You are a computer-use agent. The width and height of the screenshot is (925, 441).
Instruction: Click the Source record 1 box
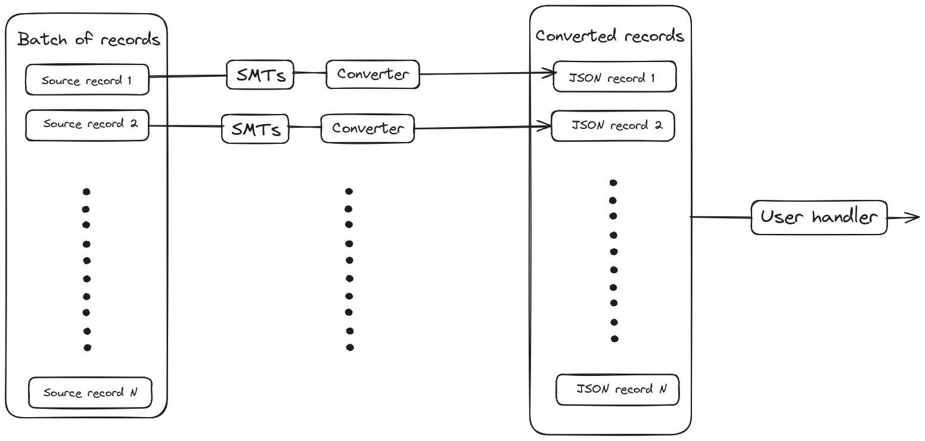[87, 79]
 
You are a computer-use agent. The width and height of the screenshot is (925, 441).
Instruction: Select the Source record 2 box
[87, 125]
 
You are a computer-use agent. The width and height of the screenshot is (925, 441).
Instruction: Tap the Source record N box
[90, 393]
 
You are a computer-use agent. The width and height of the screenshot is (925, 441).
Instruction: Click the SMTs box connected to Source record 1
[260, 75]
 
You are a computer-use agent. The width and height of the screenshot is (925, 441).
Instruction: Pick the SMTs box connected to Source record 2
[255, 129]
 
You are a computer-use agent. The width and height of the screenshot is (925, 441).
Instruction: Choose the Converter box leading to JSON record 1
[373, 75]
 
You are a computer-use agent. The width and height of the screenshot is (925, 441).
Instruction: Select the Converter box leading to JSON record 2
[368, 128]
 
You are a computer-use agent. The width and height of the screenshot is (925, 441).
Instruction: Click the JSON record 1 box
[614, 77]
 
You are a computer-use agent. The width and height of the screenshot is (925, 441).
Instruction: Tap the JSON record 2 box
[613, 126]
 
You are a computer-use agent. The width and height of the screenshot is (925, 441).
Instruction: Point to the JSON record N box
[617, 390]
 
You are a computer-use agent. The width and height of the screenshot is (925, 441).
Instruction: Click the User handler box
[819, 217]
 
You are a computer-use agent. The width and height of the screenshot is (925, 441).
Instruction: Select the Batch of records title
[88, 40]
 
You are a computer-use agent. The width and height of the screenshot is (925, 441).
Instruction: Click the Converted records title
[609, 36]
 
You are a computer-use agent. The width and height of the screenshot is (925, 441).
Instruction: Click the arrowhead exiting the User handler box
[914, 217]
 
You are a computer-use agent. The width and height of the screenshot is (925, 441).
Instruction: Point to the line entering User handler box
[721, 217]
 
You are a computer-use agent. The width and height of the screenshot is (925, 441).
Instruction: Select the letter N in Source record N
[134, 393]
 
